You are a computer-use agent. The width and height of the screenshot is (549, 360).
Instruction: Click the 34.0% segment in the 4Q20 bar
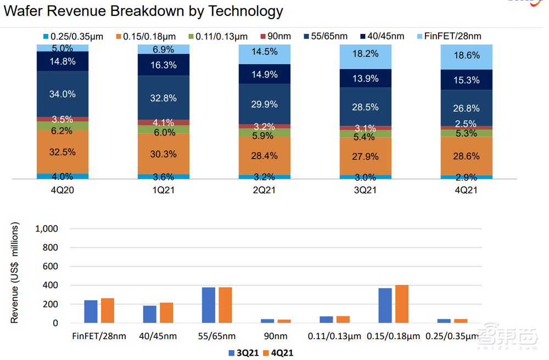pyautogui.click(x=62, y=94)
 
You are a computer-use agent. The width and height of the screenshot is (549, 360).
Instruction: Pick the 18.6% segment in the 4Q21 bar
pyautogui.click(x=466, y=55)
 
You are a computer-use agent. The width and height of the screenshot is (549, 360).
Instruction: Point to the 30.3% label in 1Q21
pyautogui.click(x=164, y=154)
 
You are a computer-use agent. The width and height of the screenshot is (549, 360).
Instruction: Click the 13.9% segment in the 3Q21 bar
pyautogui.click(x=366, y=78)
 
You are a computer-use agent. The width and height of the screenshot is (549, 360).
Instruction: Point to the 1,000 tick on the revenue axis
pyautogui.click(x=47, y=228)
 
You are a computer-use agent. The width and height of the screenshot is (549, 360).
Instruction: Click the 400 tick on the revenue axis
pyautogui.click(x=51, y=285)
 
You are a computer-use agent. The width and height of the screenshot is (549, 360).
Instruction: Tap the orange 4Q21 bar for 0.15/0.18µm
pyautogui.click(x=402, y=304)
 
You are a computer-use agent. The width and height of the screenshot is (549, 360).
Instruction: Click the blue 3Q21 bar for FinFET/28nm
pyautogui.click(x=91, y=312)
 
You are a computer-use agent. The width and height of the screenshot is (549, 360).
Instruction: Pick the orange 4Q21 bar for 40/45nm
pyautogui.click(x=166, y=313)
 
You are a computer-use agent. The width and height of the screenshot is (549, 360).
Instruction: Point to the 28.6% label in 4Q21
pyautogui.click(x=466, y=156)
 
